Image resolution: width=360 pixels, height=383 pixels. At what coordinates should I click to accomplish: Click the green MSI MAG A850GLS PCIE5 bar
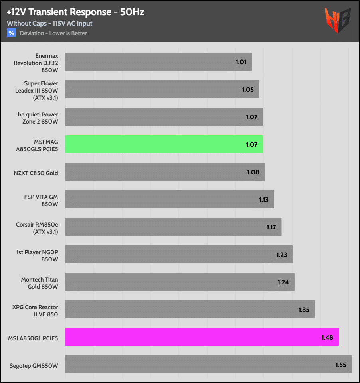(x=164, y=144)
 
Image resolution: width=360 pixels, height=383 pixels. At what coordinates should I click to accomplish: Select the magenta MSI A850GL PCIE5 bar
(x=202, y=337)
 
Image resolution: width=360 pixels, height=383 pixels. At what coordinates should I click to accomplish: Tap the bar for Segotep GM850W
(x=208, y=364)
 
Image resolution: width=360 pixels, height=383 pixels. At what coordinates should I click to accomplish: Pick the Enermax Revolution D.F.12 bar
(x=158, y=62)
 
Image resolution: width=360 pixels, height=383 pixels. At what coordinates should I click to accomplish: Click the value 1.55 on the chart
(x=340, y=365)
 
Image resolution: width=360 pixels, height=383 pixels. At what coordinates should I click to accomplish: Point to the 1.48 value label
(x=327, y=338)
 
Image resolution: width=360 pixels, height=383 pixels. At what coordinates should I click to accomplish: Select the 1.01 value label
(x=241, y=62)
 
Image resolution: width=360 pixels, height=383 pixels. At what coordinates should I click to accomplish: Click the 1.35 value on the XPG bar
(x=304, y=310)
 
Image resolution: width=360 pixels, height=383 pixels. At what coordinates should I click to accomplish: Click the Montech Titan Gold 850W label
(x=39, y=283)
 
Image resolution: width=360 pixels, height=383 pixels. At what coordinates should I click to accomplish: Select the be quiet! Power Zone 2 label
(x=38, y=118)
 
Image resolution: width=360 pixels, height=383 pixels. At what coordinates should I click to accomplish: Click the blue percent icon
(x=12, y=33)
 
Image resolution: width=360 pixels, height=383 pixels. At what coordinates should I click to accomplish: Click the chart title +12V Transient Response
(x=75, y=12)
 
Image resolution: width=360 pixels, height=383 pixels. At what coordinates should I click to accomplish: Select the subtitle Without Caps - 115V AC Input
(x=49, y=24)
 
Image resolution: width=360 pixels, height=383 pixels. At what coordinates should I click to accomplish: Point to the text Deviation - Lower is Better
(x=53, y=33)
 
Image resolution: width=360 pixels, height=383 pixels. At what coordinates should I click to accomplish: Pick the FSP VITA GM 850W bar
(x=169, y=199)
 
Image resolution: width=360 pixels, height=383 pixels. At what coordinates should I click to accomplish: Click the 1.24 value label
(x=283, y=282)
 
